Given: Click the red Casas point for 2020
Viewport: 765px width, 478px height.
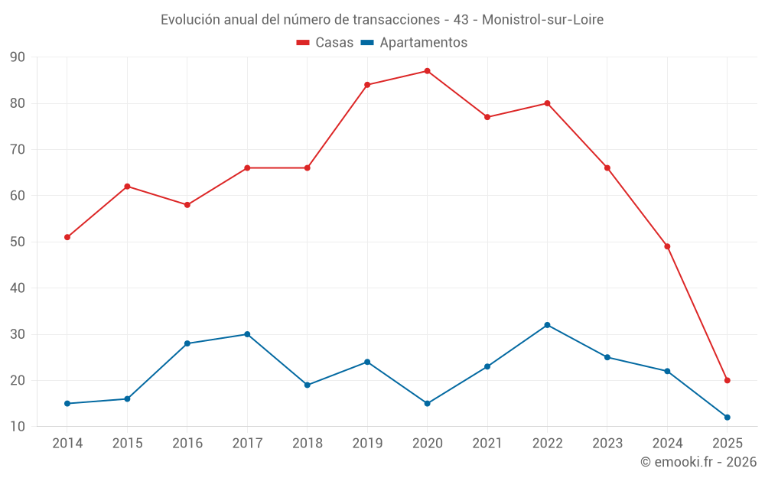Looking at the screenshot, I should (x=427, y=71).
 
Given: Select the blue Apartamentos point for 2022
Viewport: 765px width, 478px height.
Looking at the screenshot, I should (x=547, y=325).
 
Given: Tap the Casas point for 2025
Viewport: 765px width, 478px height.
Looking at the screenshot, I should (x=728, y=380).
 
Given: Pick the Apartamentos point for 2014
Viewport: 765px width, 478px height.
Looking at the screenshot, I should (x=67, y=403).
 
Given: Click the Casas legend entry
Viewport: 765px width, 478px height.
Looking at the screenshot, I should (x=325, y=43).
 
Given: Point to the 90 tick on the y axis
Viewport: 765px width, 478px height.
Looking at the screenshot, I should (x=18, y=57).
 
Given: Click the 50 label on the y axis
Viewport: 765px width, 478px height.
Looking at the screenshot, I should (x=18, y=242).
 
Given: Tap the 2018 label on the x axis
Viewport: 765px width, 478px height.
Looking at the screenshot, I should (x=307, y=444).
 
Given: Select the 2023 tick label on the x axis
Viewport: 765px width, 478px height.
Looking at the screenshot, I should (x=607, y=444).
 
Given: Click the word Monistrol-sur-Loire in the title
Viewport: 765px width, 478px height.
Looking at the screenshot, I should (x=542, y=20).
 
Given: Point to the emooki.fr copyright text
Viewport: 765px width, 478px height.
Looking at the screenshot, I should (x=698, y=462).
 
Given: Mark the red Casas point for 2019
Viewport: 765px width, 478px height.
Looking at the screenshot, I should (x=367, y=85).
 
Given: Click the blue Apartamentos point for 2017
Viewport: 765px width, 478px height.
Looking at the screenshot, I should (x=247, y=334).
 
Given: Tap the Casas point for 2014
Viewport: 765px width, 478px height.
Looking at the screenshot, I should (x=67, y=237).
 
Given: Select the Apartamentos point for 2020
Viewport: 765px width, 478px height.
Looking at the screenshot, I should (x=427, y=403).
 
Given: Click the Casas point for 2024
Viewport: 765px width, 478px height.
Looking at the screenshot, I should (x=667, y=246).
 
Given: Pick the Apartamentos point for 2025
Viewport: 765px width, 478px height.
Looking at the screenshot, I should (x=728, y=417).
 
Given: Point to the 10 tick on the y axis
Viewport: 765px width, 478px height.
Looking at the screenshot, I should (x=18, y=427).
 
